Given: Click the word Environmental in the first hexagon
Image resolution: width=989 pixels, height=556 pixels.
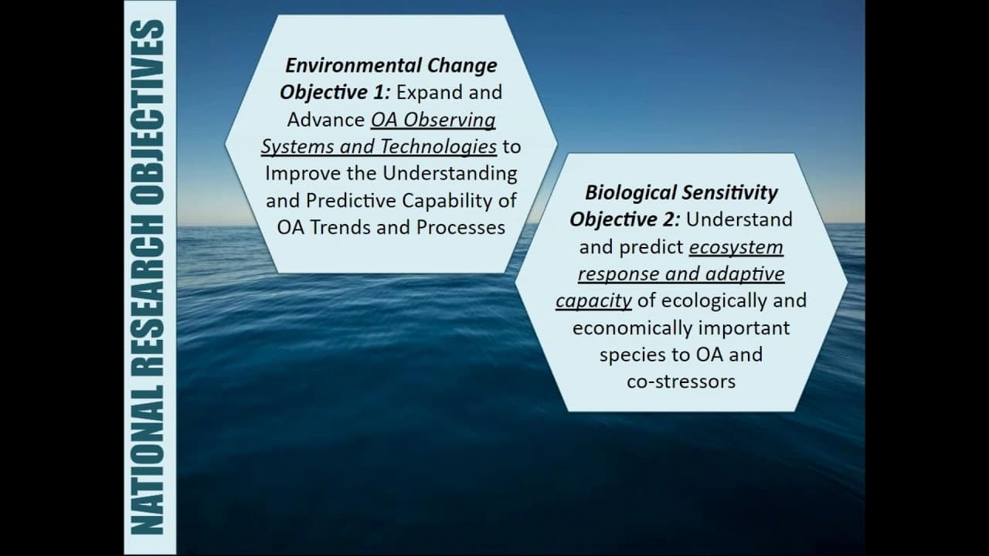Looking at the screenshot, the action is pos(348,66).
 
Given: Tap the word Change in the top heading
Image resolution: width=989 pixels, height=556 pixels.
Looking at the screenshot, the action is pos(456,66).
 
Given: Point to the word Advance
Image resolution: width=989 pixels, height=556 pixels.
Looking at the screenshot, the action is pos(326,120).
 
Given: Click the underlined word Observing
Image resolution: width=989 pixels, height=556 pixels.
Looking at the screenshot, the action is pos(450,120).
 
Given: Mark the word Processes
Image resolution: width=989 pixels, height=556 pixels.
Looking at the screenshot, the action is pos(461,228).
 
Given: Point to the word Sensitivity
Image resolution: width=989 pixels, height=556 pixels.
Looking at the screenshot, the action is pos(729,193).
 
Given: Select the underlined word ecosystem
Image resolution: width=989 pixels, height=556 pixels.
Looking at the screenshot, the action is pos(736,247).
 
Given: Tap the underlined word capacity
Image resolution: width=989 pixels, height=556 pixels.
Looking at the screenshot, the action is pos(593,301).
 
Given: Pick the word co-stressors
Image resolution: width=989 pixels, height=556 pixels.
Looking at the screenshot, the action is pos(681,381).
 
